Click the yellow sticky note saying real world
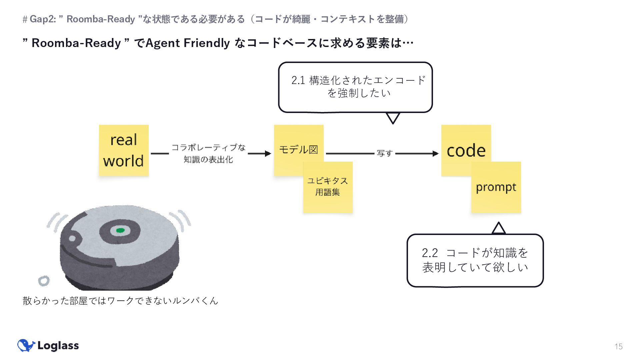click(x=124, y=150)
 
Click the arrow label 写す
click(x=384, y=153)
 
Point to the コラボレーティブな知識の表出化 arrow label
click(x=208, y=153)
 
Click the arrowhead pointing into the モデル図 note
click(x=268, y=153)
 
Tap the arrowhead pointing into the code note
click(x=435, y=153)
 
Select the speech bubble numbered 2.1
click(x=355, y=87)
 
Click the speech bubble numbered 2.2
click(x=475, y=260)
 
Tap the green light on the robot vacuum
click(x=120, y=230)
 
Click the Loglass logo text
click(x=58, y=346)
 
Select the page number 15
click(x=619, y=347)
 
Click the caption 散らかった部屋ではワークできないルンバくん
click(x=120, y=301)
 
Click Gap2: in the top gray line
click(x=43, y=19)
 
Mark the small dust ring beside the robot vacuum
click(x=44, y=281)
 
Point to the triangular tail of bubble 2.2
click(x=499, y=229)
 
